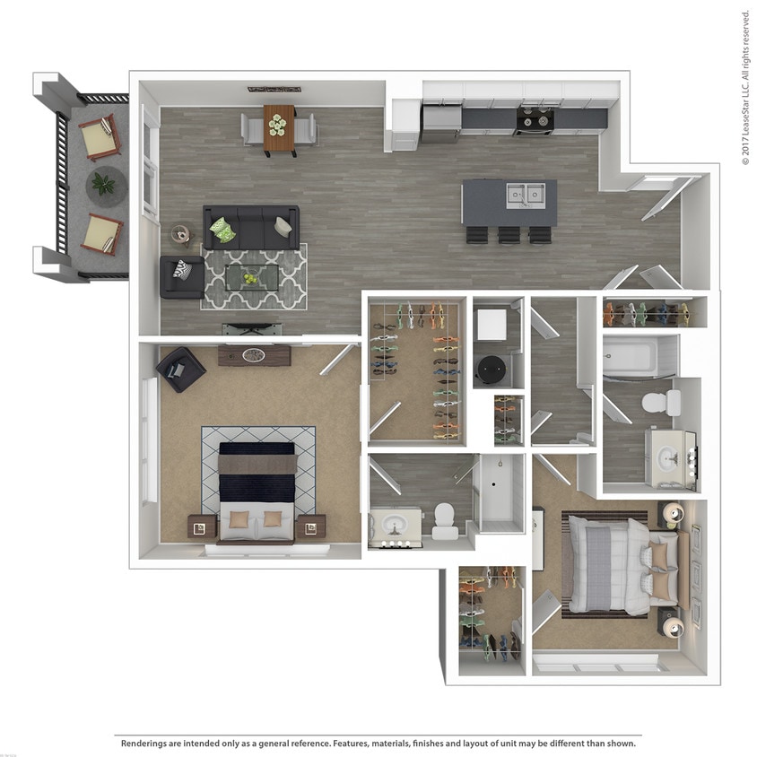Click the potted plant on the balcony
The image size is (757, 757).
pos(104,185)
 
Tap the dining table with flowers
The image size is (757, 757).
pos(278,127)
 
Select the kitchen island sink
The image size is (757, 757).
pos(525,194)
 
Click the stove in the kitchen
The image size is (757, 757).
pos(535,119)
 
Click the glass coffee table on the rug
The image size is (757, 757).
pos(251,276)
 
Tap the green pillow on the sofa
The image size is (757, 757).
pos(222,231)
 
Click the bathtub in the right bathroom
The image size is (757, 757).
pos(640,356)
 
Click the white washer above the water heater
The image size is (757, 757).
pos(492,324)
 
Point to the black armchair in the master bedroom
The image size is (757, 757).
pos(181,369)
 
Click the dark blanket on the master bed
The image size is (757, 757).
pos(257,486)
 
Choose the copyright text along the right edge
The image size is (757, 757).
pos(745,87)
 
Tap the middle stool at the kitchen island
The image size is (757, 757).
pos(509,235)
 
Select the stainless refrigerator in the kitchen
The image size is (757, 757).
pos(440,123)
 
